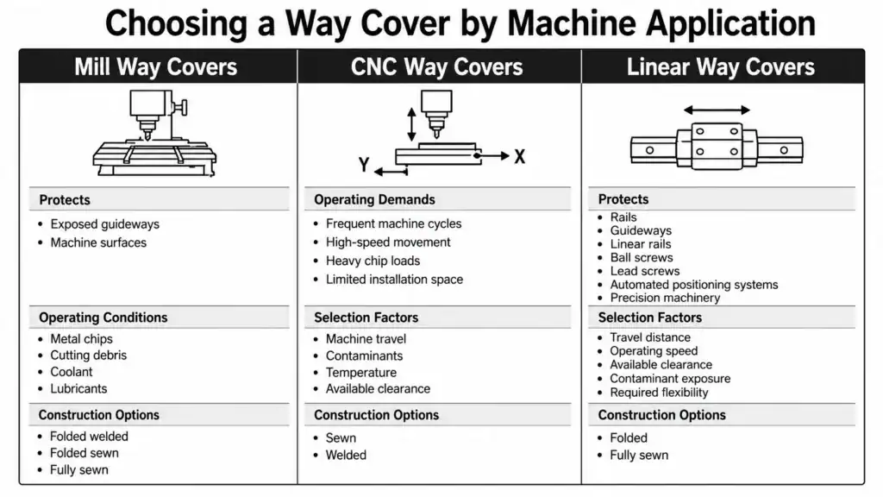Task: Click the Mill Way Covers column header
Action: pos(155,67)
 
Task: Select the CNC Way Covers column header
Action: pos(436,67)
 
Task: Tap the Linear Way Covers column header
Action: pos(720,67)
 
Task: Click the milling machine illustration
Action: pos(154,133)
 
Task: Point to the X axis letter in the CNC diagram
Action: pos(519,156)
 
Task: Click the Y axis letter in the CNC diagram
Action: pos(364,165)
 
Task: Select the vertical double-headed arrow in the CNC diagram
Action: pos(411,124)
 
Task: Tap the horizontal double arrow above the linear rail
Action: pos(717,110)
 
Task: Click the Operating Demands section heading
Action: pos(374,199)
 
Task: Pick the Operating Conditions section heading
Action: pos(103,318)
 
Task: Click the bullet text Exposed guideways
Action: pos(104,224)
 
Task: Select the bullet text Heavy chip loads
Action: pos(373,261)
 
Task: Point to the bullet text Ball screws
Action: pos(642,257)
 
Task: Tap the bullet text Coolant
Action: pos(71,372)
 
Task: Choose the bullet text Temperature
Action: pos(361,373)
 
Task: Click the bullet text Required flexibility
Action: pos(659,393)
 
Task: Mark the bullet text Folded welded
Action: pos(89,436)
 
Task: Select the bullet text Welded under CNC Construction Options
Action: pos(346,455)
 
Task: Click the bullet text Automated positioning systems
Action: pos(694,285)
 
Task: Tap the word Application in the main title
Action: pos(730,24)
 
